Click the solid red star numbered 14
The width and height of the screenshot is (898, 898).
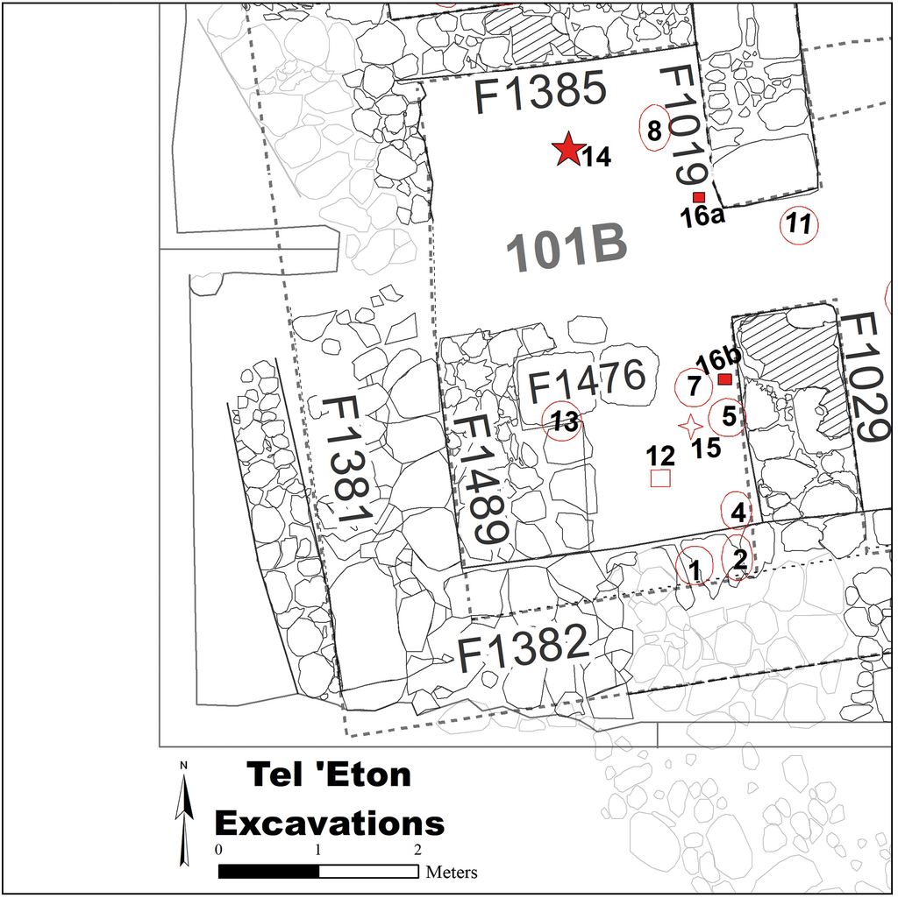pos(567,149)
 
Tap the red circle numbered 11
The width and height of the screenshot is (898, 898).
pos(781,225)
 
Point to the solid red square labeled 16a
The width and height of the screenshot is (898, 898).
pos(698,198)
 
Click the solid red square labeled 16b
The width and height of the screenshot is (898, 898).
pos(725,379)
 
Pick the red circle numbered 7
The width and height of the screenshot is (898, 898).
pos(675,387)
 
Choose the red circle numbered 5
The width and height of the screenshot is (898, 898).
pos(709,417)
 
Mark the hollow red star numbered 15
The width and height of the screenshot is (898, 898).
pos(690,427)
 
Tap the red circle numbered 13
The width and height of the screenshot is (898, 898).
pos(543,421)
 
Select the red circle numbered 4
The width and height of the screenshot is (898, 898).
pos(722,511)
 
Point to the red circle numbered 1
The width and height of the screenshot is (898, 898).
pos(677,567)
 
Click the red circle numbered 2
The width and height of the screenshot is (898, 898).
pos(723,557)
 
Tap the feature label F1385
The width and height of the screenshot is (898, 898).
pos(540,92)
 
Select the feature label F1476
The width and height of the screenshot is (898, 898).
pos(587,381)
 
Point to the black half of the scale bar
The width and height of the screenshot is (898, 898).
pos(268,871)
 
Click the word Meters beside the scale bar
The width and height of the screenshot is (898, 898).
pos(452,873)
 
